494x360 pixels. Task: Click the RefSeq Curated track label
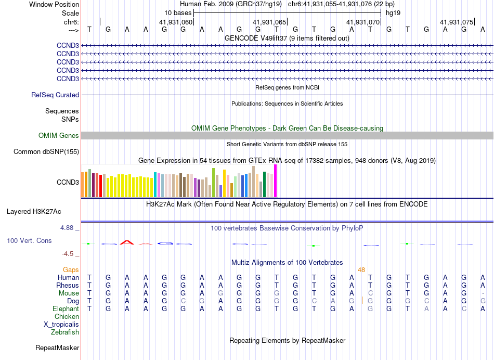(x=55, y=95)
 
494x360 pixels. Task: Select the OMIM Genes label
(x=59, y=136)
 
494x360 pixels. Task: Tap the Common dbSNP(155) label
(x=46, y=152)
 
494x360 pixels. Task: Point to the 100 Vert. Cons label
(x=29, y=241)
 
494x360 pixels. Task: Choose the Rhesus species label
(x=68, y=286)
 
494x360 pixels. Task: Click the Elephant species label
(x=66, y=309)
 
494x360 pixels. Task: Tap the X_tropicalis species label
(x=61, y=325)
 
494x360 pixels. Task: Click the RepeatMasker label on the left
(x=57, y=348)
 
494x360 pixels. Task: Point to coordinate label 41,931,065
(x=269, y=22)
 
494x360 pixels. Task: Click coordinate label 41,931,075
(x=457, y=22)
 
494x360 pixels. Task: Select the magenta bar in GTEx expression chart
(x=276, y=181)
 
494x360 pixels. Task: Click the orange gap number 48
(x=361, y=269)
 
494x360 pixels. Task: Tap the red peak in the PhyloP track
(x=126, y=242)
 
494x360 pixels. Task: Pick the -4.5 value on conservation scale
(x=68, y=254)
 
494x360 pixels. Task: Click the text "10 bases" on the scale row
(x=178, y=12)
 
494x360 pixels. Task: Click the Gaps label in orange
(x=71, y=269)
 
